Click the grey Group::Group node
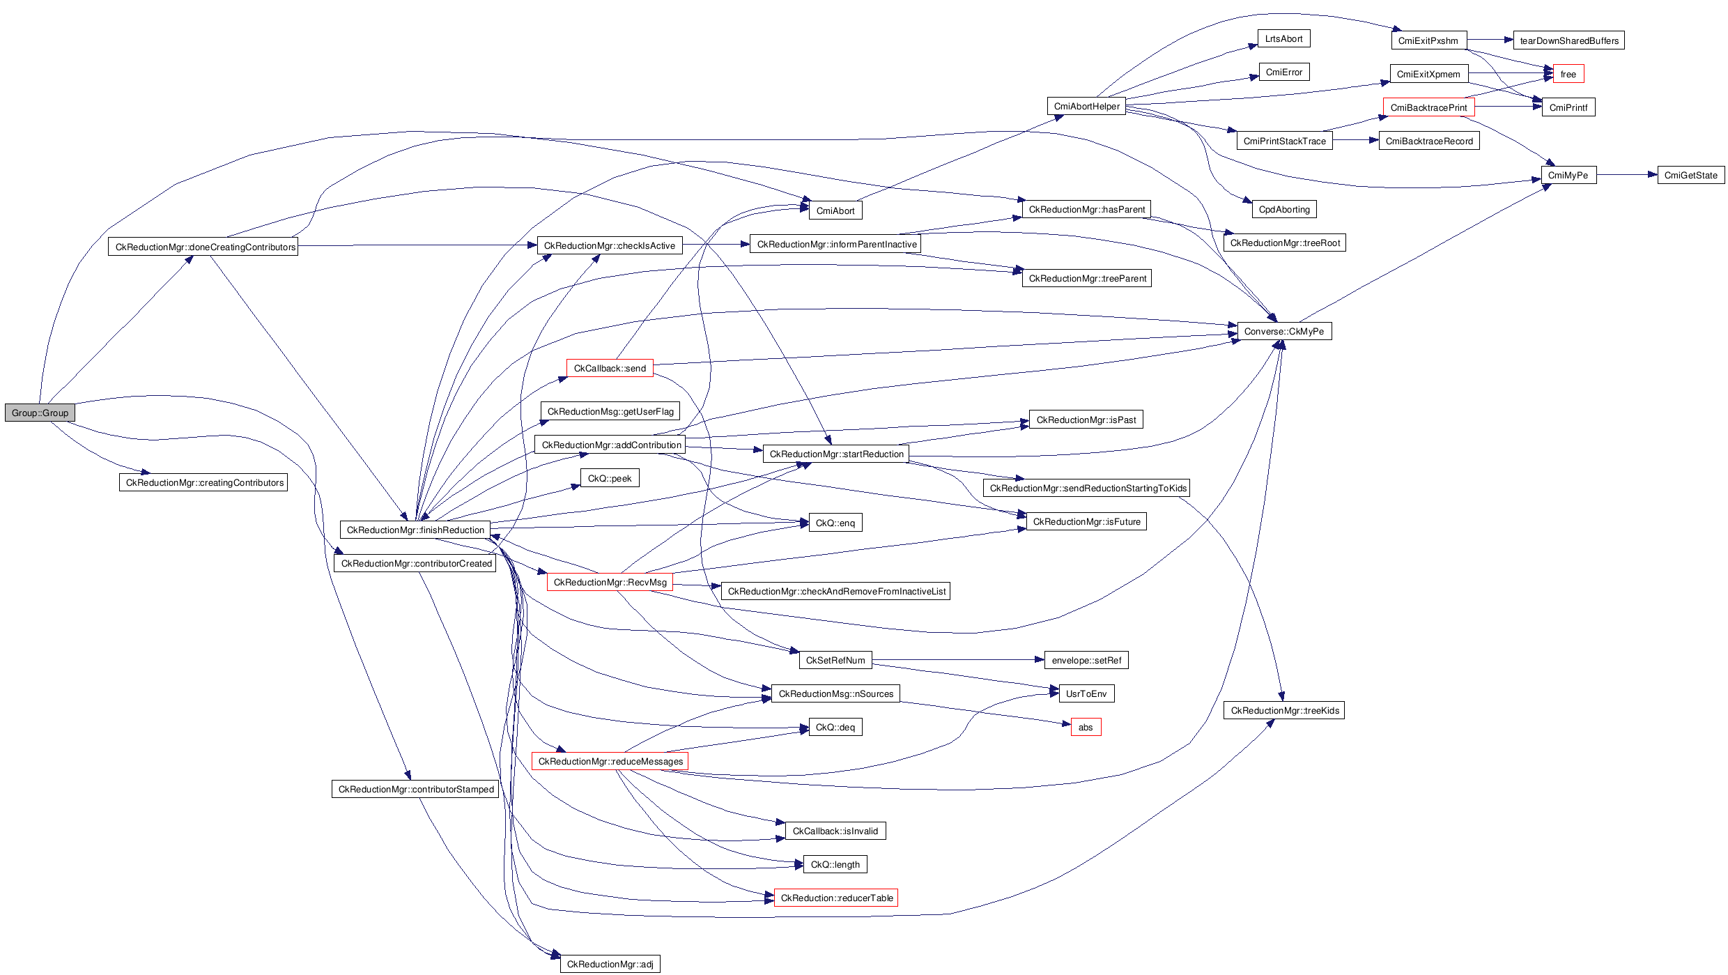point(40,413)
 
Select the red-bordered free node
point(1568,74)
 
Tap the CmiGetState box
point(1690,175)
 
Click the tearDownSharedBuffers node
point(1569,40)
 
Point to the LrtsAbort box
point(1283,38)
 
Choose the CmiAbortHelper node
point(1086,106)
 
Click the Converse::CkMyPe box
point(1283,331)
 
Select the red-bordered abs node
point(1086,727)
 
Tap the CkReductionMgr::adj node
point(610,964)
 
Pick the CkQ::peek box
point(610,478)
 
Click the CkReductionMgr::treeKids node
point(1284,710)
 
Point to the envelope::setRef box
point(1086,660)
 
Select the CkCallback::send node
point(610,368)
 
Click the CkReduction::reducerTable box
point(836,898)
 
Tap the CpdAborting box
point(1284,209)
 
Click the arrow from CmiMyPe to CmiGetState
point(1626,175)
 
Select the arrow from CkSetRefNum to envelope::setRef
point(958,660)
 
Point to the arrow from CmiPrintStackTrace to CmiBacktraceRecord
point(1355,141)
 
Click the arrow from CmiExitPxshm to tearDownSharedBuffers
point(1490,40)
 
